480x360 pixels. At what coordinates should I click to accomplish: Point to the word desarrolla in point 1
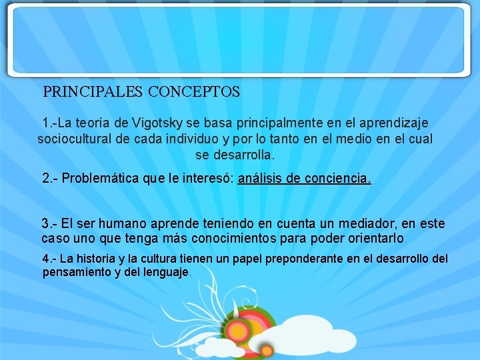(243, 155)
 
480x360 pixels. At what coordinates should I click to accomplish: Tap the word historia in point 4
(90, 259)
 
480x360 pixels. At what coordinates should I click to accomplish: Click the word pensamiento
(76, 272)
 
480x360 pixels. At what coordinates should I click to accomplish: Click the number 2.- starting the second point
(51, 179)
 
